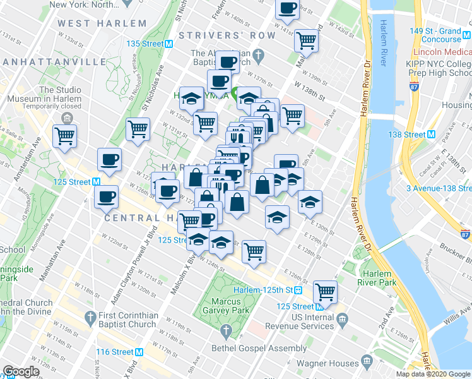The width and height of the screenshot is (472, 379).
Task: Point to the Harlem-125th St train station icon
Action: tap(298, 290)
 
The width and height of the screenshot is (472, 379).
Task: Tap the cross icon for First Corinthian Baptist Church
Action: tap(90, 316)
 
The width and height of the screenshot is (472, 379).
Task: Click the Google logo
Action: tap(21, 371)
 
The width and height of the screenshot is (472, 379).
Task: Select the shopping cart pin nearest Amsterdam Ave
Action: tap(65, 136)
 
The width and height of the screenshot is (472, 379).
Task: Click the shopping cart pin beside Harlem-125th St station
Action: tap(326, 291)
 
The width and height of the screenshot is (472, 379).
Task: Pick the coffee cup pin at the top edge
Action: tap(288, 9)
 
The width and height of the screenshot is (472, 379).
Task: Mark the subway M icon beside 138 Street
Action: tap(432, 135)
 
